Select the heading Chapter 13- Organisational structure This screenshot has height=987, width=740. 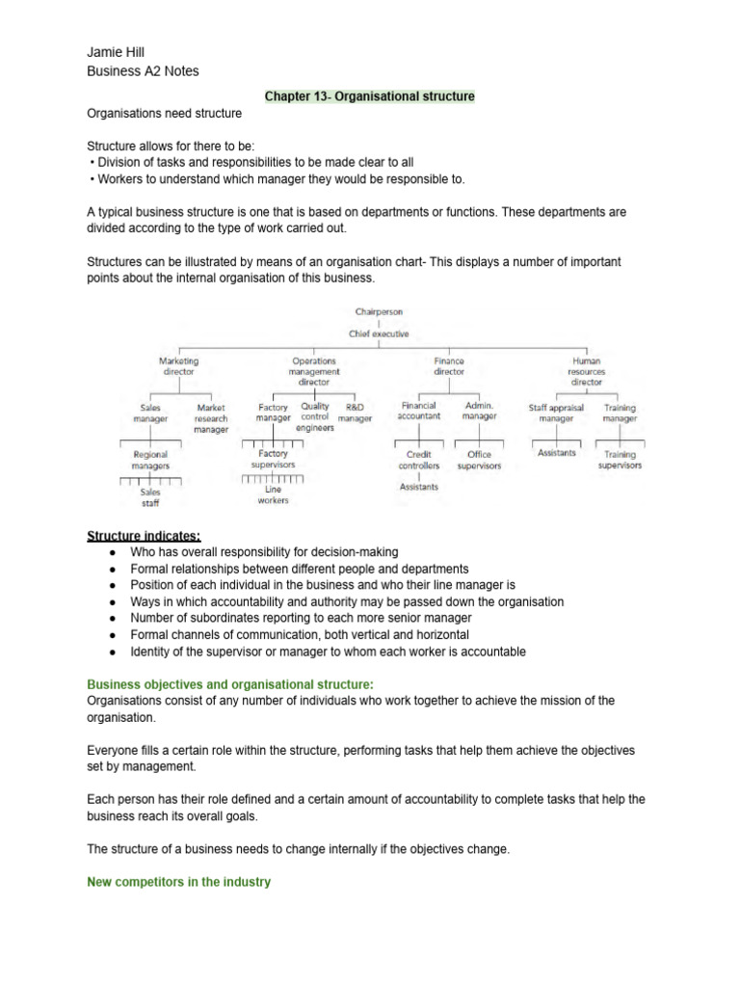click(x=370, y=97)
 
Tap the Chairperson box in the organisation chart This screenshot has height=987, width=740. click(x=380, y=312)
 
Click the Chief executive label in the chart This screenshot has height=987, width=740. click(x=380, y=333)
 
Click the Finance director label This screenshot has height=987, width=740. click(x=449, y=365)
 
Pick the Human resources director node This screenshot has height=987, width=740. click(x=586, y=370)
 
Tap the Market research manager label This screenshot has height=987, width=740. click(x=211, y=418)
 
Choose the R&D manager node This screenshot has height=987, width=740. click(x=355, y=413)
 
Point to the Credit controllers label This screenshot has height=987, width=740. click(x=418, y=460)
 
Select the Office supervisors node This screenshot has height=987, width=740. click(x=479, y=460)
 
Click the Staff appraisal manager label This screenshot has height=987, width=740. click(x=556, y=413)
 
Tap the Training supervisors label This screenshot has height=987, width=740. click(x=620, y=460)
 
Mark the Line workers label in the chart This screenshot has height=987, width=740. click(x=273, y=494)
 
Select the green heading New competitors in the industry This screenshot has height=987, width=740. click(x=178, y=881)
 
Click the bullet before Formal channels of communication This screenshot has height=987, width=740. click(x=114, y=635)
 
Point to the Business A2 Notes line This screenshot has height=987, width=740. click(x=143, y=70)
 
